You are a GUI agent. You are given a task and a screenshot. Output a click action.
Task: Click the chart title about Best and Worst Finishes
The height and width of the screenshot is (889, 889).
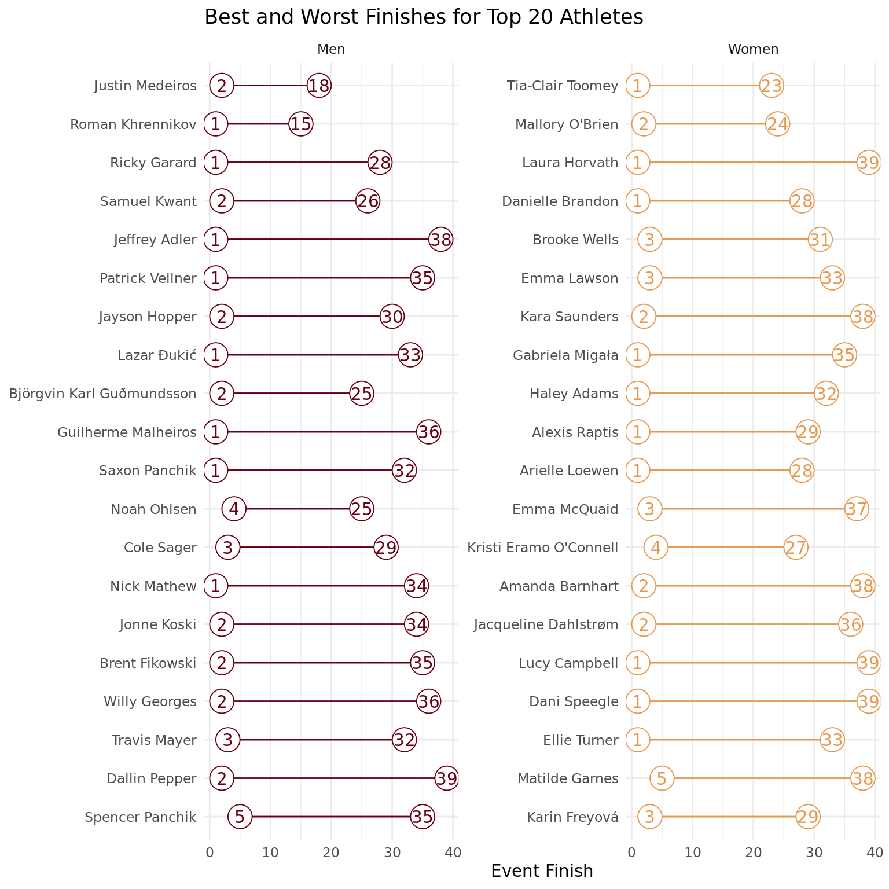pyautogui.click(x=424, y=17)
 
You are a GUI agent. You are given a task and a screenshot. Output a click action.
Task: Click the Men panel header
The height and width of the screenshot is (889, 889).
pyautogui.click(x=331, y=50)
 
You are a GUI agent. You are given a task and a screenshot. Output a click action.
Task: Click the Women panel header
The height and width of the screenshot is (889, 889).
pyautogui.click(x=753, y=50)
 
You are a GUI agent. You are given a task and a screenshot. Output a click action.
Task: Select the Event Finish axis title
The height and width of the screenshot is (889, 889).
pyautogui.click(x=542, y=871)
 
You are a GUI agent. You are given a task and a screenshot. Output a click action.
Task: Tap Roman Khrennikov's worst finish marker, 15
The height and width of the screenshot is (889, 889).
pyautogui.click(x=301, y=124)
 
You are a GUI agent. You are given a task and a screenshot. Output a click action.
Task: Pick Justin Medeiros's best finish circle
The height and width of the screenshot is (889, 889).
pyautogui.click(x=222, y=86)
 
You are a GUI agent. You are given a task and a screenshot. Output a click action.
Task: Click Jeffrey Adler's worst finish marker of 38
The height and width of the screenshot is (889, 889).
pyautogui.click(x=441, y=240)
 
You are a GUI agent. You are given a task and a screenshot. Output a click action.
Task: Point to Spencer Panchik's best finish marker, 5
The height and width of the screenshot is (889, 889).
pyautogui.click(x=240, y=817)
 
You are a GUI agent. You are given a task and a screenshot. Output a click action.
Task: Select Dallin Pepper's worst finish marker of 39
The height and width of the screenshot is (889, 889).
pyautogui.click(x=447, y=778)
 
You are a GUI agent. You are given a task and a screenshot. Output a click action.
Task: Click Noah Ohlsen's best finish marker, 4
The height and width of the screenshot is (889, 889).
pyautogui.click(x=234, y=509)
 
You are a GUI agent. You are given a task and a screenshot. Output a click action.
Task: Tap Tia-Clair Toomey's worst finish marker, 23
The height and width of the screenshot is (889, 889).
pyautogui.click(x=772, y=86)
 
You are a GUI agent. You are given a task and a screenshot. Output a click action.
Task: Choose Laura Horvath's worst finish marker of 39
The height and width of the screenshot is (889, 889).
pyautogui.click(x=869, y=163)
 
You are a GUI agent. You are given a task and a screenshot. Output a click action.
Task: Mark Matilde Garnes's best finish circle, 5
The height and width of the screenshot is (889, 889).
pyautogui.click(x=662, y=778)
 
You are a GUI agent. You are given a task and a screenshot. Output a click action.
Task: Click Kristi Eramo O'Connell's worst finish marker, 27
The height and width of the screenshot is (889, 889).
pyautogui.click(x=796, y=548)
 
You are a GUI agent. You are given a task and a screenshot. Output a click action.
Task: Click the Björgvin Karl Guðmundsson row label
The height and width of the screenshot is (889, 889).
pyautogui.click(x=103, y=394)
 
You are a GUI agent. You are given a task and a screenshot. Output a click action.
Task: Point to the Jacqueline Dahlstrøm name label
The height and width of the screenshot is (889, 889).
pyautogui.click(x=546, y=624)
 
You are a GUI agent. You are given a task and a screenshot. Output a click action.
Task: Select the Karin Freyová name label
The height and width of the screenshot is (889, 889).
pyautogui.click(x=572, y=817)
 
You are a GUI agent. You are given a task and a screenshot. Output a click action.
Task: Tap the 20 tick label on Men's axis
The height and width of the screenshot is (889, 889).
pyautogui.click(x=331, y=852)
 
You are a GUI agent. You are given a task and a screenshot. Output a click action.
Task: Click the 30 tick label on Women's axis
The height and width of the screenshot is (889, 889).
pyautogui.click(x=814, y=852)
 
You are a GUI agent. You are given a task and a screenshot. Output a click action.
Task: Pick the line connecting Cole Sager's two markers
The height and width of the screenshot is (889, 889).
pyautogui.click(x=307, y=548)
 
